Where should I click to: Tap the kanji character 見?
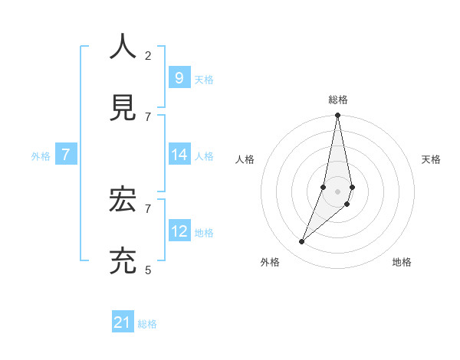click(123, 107)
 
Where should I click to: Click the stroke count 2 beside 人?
click(148, 55)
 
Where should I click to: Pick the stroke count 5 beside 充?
click(148, 270)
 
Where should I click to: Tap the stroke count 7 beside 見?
click(148, 116)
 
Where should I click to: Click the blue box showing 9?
click(179, 77)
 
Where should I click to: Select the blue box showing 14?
click(179, 154)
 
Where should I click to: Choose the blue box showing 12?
click(179, 231)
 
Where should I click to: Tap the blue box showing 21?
click(123, 322)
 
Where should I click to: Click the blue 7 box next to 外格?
click(66, 155)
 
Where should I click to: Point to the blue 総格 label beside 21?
click(147, 324)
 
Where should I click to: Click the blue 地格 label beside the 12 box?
click(204, 232)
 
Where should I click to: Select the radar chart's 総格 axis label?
click(338, 100)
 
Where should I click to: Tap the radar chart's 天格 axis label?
click(431, 159)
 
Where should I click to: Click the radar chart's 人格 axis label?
click(245, 159)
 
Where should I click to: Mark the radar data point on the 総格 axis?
click(337, 116)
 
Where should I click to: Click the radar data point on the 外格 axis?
click(302, 242)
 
